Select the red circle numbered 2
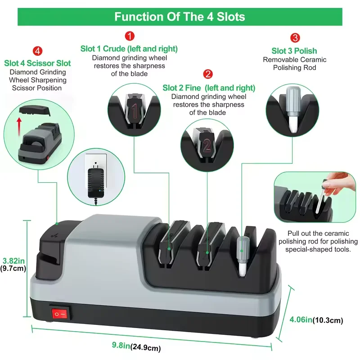(208, 74)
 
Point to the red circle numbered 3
(295, 38)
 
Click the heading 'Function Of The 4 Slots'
(180, 17)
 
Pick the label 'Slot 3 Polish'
(294, 51)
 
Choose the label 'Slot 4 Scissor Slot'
(37, 63)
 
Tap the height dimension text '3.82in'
(13, 261)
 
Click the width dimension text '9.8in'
(121, 346)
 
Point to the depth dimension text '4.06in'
(301, 320)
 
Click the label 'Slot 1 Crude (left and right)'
(129, 49)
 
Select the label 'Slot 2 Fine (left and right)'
(209, 88)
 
